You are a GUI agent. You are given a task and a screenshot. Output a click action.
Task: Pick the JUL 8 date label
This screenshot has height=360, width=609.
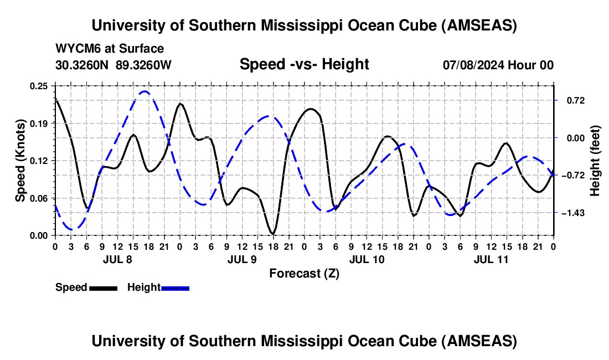[x=117, y=259]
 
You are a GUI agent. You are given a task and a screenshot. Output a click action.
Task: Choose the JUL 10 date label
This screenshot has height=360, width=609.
[x=366, y=259]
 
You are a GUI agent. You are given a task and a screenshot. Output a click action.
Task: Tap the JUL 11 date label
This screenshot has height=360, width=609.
[x=491, y=259]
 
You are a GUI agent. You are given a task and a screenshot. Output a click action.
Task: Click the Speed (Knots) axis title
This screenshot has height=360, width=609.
[x=21, y=160]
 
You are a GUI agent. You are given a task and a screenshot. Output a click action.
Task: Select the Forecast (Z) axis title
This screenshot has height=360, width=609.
[x=304, y=273]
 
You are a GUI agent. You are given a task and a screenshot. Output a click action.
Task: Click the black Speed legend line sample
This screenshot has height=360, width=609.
[x=104, y=287]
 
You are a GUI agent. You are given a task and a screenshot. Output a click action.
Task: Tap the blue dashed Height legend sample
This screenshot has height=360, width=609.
[x=176, y=287]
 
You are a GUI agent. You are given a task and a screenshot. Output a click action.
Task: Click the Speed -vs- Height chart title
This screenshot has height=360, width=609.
[x=304, y=64]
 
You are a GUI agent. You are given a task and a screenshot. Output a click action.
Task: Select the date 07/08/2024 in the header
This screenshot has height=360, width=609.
[x=473, y=65]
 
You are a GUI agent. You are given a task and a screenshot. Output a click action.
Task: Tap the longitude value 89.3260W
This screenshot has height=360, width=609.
[x=144, y=65]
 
